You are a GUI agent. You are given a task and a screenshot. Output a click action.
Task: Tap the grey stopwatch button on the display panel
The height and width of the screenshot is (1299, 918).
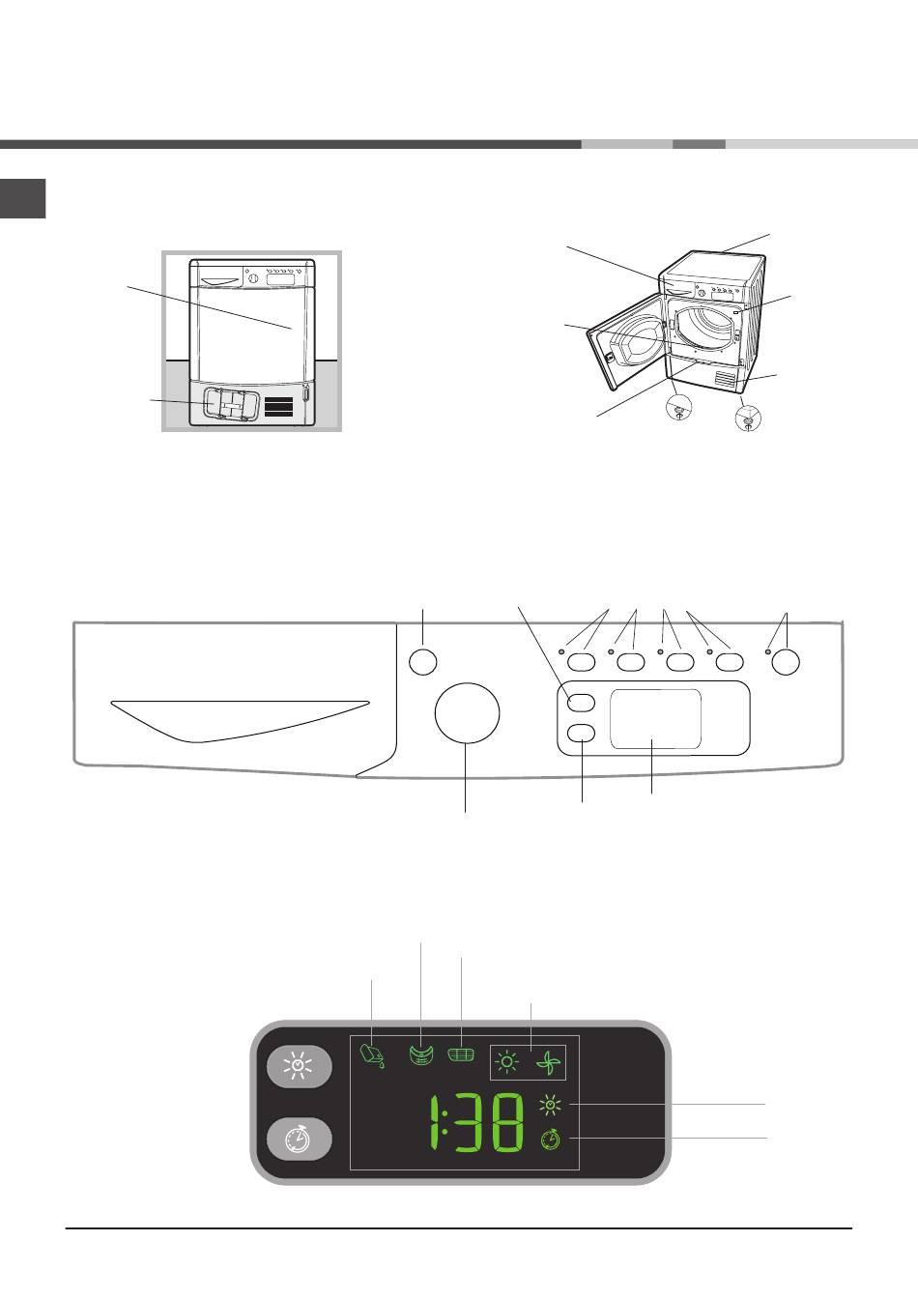[300, 1139]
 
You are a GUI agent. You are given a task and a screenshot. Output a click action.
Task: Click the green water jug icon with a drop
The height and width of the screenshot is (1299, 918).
[372, 1055]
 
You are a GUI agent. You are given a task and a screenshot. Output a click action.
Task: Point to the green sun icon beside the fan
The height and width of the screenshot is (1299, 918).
[506, 1064]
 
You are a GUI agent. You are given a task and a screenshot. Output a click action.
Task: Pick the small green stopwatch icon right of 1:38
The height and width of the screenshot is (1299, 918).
[550, 1140]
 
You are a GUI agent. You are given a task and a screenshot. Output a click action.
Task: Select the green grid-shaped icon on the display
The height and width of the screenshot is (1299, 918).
[463, 1054]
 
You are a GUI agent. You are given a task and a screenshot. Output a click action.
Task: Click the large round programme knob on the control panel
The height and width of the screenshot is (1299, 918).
[468, 714]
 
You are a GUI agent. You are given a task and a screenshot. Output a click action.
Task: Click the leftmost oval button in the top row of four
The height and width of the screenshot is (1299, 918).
[581, 662]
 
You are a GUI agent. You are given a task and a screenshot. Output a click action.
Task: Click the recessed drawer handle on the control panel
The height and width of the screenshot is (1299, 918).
[240, 716]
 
